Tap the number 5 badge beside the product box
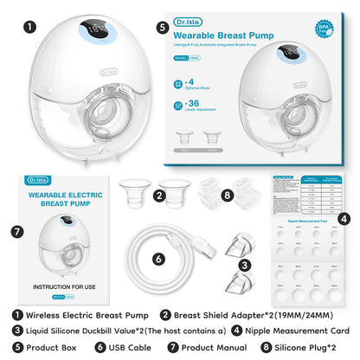[162, 27]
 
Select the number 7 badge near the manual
[16, 232]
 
